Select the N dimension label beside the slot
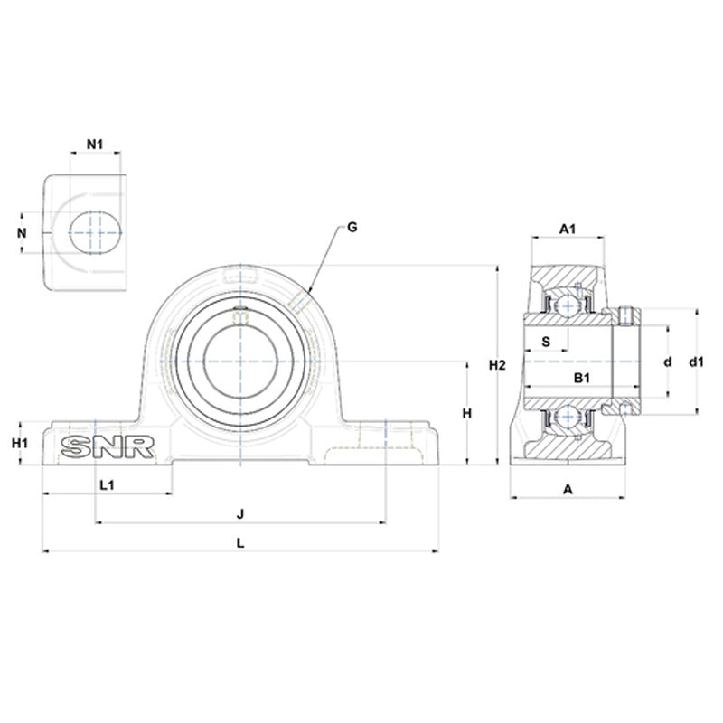coord(23,232)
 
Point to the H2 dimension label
coord(496,365)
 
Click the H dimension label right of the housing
coord(466,413)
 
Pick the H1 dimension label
coord(21,443)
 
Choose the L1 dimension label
coord(106,484)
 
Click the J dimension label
coord(240,513)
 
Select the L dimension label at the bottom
coord(239,542)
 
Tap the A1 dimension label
coord(568,230)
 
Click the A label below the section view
coord(568,489)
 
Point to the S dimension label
coord(546,341)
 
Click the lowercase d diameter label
coord(668,361)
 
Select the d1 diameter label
coord(696,361)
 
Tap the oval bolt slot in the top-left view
coord(95,231)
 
